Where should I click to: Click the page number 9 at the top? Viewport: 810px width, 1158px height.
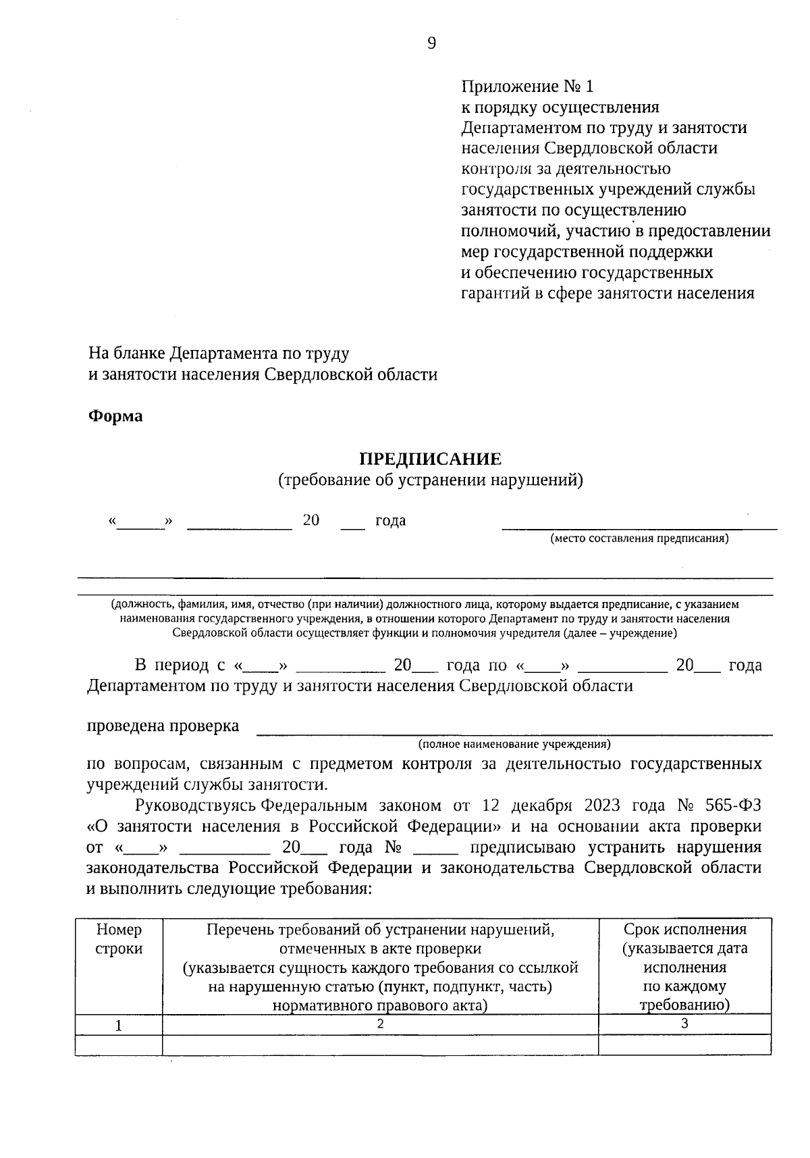(432, 44)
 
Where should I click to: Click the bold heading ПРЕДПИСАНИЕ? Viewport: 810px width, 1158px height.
(430, 459)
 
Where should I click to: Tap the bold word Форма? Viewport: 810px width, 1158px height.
(115, 416)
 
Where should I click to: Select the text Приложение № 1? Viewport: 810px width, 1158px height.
(527, 86)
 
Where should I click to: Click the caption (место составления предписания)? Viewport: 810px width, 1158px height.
(639, 538)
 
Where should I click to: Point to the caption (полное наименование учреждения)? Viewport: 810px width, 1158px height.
(514, 744)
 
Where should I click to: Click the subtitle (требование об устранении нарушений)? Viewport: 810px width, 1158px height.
(430, 480)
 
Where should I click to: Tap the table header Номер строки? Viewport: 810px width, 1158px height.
(119, 939)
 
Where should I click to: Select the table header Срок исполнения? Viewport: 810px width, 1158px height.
(684, 930)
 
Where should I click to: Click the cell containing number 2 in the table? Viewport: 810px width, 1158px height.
(380, 1024)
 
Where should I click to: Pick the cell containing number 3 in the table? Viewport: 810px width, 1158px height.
(684, 1024)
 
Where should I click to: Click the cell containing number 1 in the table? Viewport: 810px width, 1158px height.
(119, 1026)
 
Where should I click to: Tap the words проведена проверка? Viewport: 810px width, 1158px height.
(163, 726)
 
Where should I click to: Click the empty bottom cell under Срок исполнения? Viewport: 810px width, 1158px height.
(684, 1044)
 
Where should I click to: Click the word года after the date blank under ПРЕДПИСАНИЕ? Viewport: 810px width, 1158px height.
(390, 520)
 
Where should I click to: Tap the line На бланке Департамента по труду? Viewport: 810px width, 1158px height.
(219, 353)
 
